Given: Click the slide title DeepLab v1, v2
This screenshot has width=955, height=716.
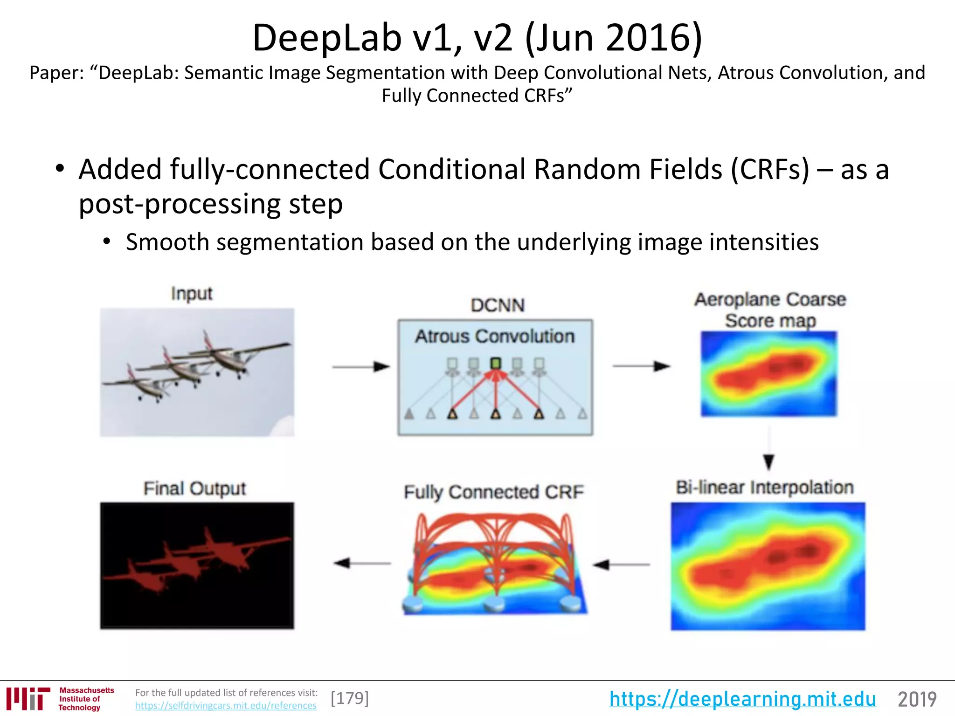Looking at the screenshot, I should click(x=477, y=38).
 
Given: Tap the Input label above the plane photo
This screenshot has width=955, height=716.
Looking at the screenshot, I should click(x=191, y=294).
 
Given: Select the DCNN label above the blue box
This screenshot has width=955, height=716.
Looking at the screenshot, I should click(x=497, y=305).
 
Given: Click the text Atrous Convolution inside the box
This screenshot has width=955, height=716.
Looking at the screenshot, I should click(x=495, y=336).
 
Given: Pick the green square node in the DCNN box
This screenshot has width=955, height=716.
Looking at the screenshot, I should click(x=496, y=363).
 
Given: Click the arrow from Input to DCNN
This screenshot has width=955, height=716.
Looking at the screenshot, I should click(x=360, y=367).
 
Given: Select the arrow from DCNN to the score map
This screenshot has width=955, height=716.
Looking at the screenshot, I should click(x=641, y=366).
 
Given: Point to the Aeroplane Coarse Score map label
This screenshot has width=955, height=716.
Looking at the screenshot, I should click(x=770, y=310).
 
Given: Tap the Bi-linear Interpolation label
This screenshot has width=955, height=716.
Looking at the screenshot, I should click(x=765, y=487).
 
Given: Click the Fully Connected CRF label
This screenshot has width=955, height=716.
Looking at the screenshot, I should click(x=493, y=492).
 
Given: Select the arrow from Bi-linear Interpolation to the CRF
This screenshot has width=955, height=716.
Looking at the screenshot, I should click(x=621, y=565).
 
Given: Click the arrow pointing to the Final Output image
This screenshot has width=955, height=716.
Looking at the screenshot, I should click(x=362, y=563).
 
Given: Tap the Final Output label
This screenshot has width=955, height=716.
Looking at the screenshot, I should click(x=194, y=489).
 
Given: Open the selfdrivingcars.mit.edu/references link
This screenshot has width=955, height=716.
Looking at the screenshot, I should click(x=226, y=705).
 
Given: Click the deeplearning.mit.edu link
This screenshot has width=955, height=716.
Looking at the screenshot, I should click(x=742, y=699).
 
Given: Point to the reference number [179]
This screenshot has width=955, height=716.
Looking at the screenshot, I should click(x=350, y=698).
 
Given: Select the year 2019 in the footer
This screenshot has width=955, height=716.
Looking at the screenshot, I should click(x=917, y=699).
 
